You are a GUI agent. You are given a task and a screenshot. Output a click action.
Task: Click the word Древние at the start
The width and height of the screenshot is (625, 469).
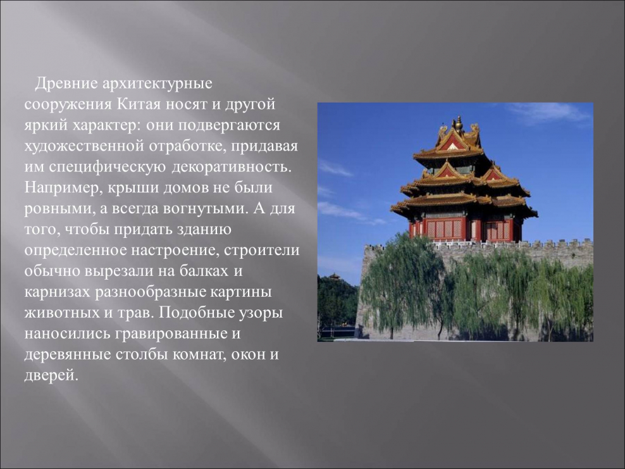pyautogui.click(x=66, y=84)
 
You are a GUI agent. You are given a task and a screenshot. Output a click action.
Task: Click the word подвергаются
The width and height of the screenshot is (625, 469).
pyautogui.click(x=229, y=125)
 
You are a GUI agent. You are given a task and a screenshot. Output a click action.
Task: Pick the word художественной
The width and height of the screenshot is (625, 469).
pyautogui.click(x=84, y=146)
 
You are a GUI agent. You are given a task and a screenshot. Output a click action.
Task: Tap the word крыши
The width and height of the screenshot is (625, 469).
pyautogui.click(x=130, y=188)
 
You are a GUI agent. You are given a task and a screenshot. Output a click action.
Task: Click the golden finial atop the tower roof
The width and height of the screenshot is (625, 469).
pyautogui.click(x=459, y=123)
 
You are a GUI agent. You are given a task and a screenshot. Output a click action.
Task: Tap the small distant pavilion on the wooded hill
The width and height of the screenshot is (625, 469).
pyautogui.click(x=334, y=277)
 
